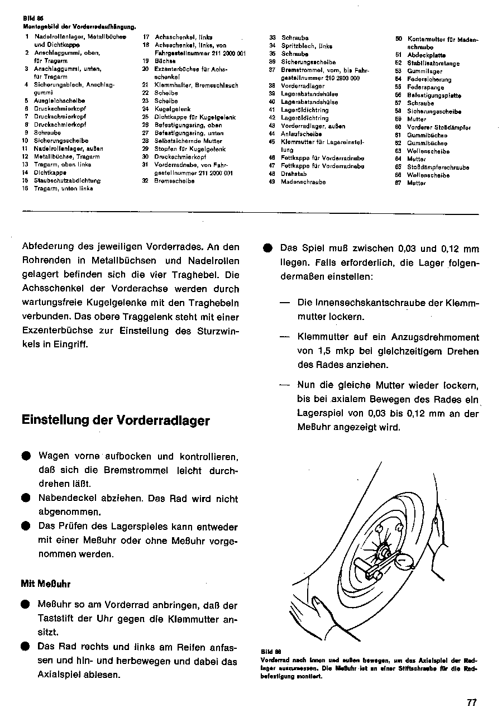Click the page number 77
coord(472,703)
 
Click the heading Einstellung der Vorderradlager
coord(116,420)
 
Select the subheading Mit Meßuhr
coord(46,584)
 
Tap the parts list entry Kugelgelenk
coord(173,109)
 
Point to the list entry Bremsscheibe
coord(174,181)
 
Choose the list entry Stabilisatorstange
coord(433,63)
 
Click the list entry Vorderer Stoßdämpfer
coord(439,127)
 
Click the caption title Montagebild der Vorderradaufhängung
coord(80,26)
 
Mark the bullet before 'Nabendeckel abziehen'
coord(26,498)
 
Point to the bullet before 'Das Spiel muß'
coord(267,248)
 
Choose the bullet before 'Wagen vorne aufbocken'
coord(26,456)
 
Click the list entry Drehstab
coord(294,174)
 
